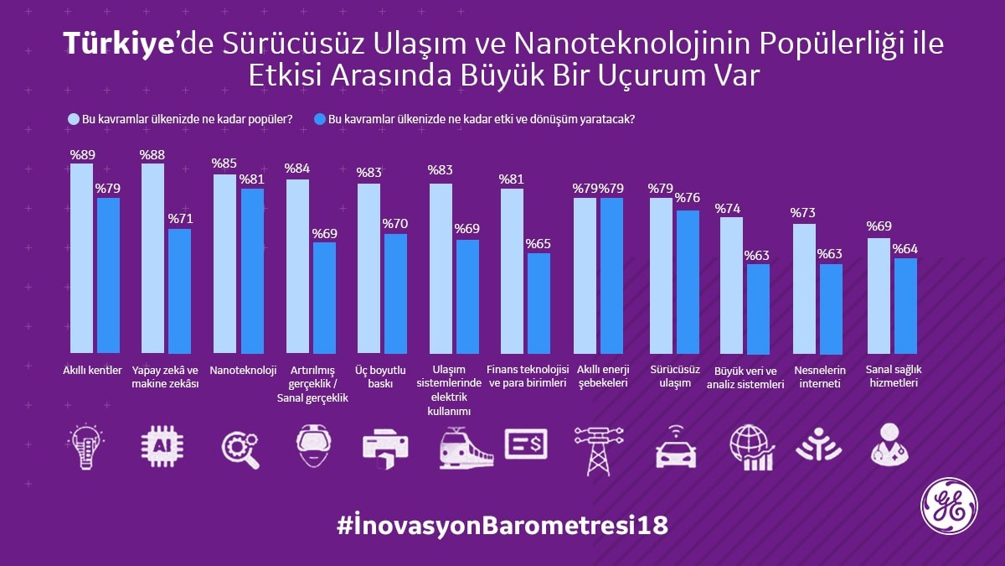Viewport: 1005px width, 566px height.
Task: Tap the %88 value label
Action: (x=152, y=155)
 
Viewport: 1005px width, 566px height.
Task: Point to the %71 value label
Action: (x=180, y=220)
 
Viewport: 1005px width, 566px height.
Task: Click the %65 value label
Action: (x=539, y=244)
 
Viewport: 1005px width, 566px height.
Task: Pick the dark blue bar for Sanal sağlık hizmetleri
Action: (x=905, y=306)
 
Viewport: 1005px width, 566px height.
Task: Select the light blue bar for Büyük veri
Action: (x=731, y=285)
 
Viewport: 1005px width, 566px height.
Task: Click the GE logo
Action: (x=949, y=506)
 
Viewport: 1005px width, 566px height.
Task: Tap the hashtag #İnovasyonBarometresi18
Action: (x=502, y=526)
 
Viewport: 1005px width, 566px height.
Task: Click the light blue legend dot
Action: (x=73, y=120)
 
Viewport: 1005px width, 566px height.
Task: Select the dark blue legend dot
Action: (x=319, y=120)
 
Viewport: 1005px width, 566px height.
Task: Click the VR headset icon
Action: (x=313, y=445)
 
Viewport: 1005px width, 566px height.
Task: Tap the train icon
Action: (x=466, y=447)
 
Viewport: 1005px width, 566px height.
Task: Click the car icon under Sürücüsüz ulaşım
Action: (x=675, y=449)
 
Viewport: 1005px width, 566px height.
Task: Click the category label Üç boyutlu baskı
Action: (x=380, y=376)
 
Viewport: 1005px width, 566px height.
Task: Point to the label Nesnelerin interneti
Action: (x=819, y=376)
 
